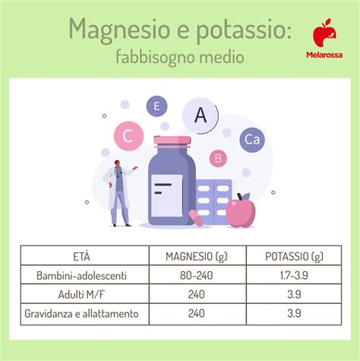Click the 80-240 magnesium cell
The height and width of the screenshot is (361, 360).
pos(197,274)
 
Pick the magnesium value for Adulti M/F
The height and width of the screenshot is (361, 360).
pos(197,293)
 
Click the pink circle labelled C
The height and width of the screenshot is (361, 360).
pos(128,136)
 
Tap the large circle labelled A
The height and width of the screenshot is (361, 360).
pos(201,116)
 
